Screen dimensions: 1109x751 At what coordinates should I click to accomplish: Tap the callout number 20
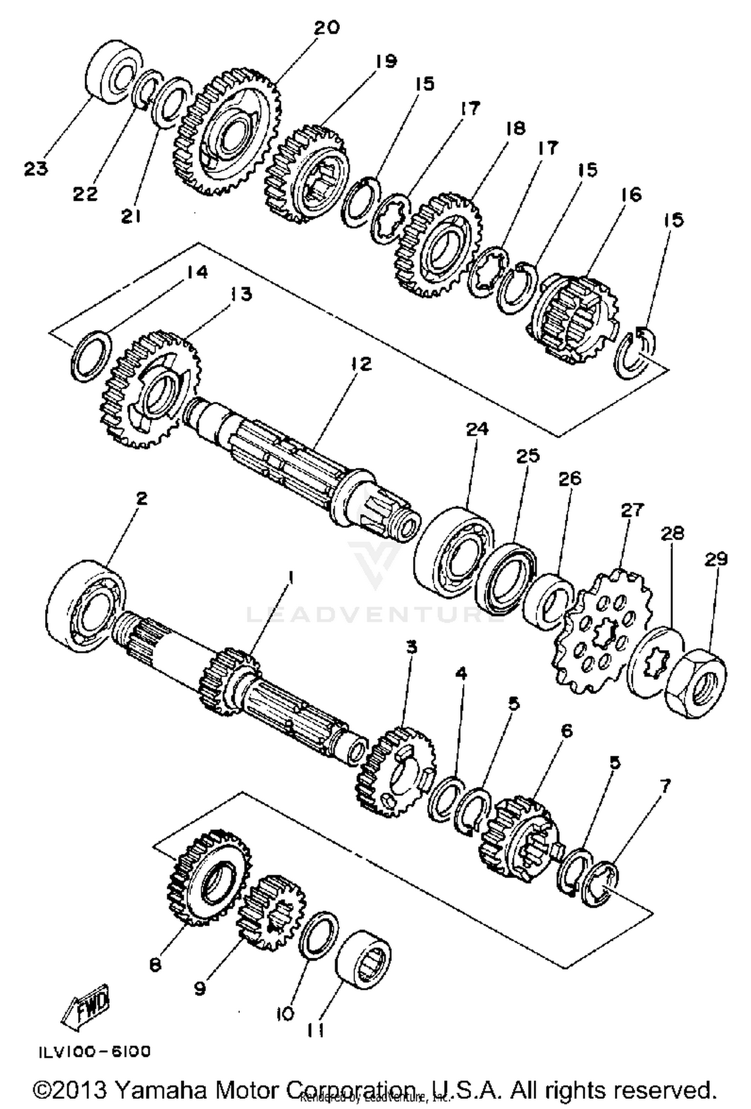pyautogui.click(x=326, y=27)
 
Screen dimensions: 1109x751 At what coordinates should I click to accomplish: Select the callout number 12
pyautogui.click(x=361, y=364)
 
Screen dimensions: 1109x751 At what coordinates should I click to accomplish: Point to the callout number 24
pyautogui.click(x=477, y=429)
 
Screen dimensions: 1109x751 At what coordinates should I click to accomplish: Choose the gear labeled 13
pyautogui.click(x=151, y=389)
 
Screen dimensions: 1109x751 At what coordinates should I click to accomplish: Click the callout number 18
pyautogui.click(x=515, y=128)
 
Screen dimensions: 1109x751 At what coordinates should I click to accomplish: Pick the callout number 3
pyautogui.click(x=411, y=647)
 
